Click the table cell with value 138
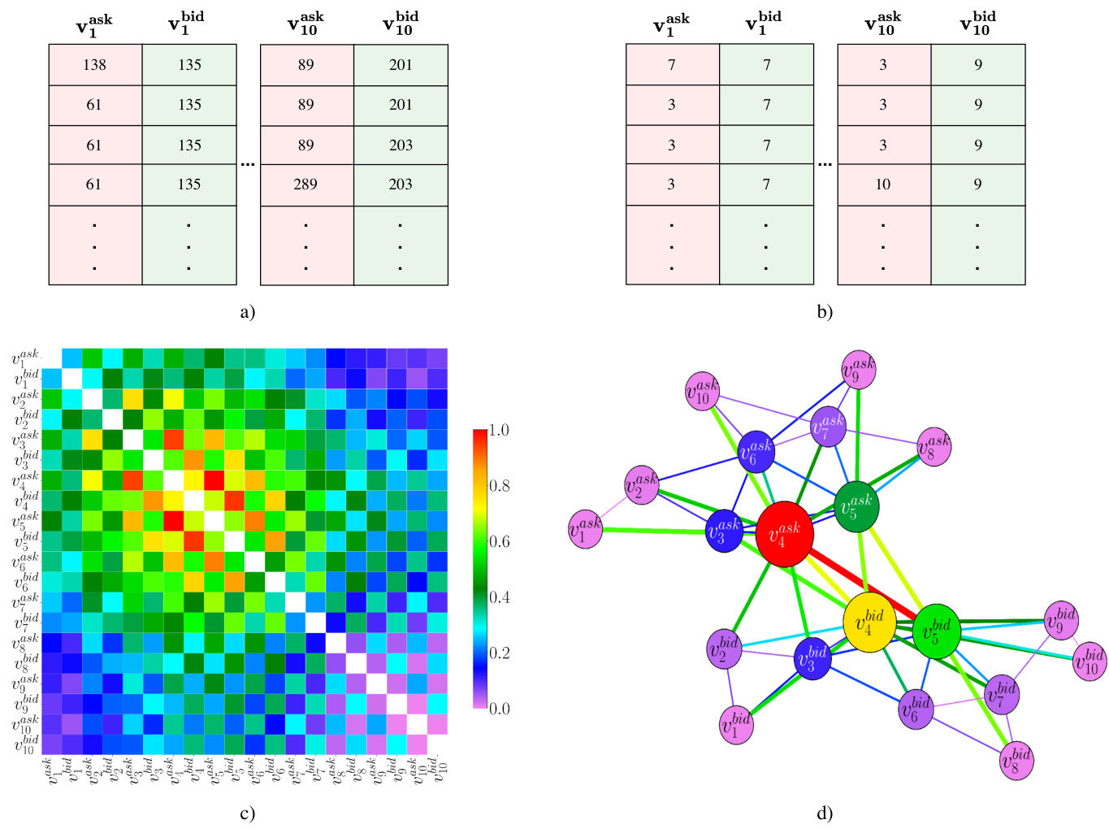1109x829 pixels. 95,65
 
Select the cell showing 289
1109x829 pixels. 306,184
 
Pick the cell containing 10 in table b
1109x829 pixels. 883,184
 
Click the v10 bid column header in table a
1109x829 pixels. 401,25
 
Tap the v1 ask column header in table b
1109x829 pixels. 671,25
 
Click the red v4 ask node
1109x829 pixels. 784,534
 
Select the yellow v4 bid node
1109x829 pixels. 869,623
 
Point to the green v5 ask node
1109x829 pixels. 856,506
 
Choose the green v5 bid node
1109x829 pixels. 937,632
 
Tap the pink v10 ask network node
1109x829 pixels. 703,392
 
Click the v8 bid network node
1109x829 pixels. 1016,761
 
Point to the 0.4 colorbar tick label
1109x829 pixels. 499,597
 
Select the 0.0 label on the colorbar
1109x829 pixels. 499,709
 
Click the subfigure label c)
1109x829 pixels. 247,814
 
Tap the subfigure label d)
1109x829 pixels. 825,814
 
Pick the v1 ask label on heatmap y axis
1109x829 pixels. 24,359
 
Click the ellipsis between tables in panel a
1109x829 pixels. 248,164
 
